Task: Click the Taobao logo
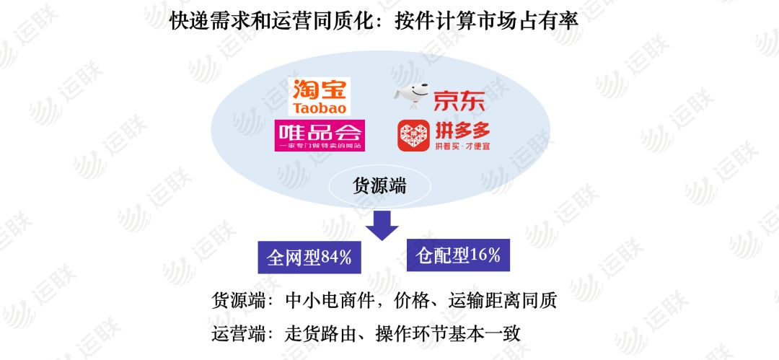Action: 319,97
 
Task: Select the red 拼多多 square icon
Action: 413,136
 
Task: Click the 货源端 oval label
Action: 379,185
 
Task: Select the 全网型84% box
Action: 309,257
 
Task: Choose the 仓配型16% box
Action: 459,255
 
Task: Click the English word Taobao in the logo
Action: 319,108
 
